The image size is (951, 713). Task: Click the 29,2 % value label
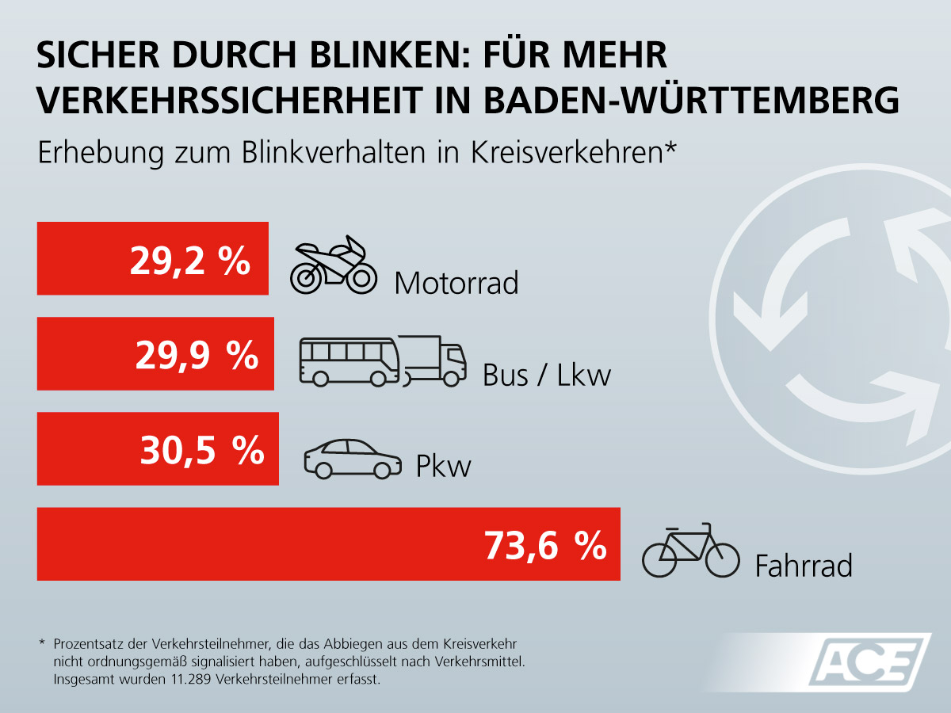[190, 261]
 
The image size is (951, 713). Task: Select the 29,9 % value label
[197, 356]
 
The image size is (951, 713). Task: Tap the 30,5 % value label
[202, 451]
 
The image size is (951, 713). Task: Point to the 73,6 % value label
[545, 546]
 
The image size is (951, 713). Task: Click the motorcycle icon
[332, 265]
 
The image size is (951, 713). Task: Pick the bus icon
[348, 361]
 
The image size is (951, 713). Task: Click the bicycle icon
[689, 550]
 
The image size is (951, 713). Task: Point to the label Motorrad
[456, 283]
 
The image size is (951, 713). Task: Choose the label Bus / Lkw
[547, 375]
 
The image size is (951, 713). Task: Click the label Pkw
[444, 466]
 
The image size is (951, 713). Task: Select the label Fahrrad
[804, 566]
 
